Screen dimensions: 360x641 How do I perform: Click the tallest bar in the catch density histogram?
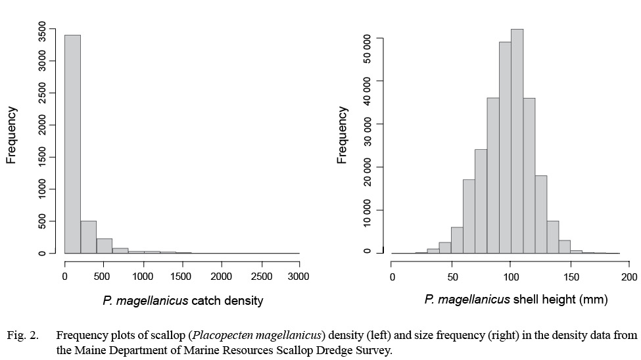click(72, 144)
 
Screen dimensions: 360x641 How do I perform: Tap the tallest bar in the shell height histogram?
click(517, 141)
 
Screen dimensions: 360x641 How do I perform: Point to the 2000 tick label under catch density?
click(221, 276)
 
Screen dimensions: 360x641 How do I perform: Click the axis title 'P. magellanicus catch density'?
click(183, 301)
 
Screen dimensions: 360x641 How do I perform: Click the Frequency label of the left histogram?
click(11, 135)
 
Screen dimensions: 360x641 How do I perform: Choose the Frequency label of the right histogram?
click(342, 135)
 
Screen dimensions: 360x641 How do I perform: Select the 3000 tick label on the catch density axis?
click(298, 276)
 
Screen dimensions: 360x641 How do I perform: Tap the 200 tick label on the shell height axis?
click(629, 276)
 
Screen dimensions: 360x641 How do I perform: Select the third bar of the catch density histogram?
click(105, 246)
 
